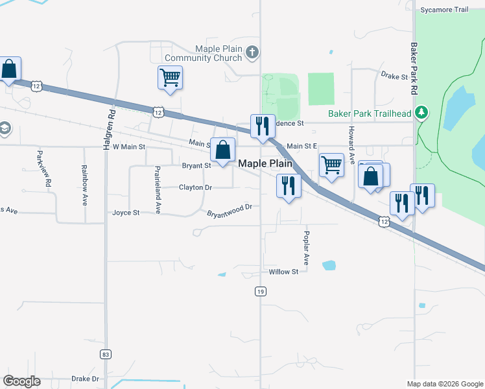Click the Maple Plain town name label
coord(265,164)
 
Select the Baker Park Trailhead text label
coord(370,113)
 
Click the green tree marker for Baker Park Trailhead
coord(421,113)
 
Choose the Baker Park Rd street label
coord(412,65)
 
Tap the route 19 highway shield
coord(260,292)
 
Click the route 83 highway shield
coord(105,355)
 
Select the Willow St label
coord(283,272)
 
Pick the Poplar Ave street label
coord(307,250)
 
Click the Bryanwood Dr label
coord(229,211)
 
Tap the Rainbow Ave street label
coord(84,185)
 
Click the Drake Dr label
coord(85,379)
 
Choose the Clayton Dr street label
coord(195,187)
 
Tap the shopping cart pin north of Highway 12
coord(170,77)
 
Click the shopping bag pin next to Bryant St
coord(222,150)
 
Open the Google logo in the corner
coord(21,381)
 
